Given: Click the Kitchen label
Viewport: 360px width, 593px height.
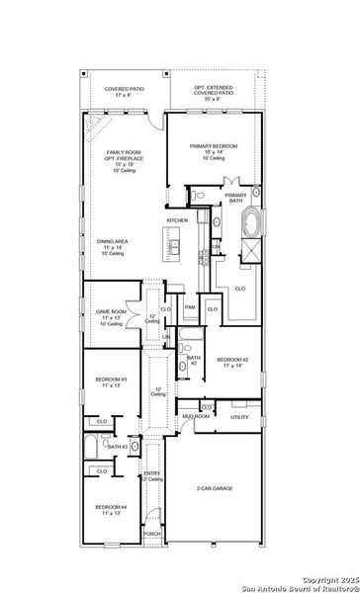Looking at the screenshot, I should coord(177,219).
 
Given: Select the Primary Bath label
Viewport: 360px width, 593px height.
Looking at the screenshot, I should coord(236,198).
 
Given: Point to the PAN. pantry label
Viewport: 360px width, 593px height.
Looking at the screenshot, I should coord(189,308).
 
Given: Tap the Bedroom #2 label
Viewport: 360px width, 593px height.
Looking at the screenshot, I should coord(231,361).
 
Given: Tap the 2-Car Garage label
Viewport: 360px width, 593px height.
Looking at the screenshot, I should coord(217,488).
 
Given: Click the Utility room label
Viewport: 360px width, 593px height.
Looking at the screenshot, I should coord(240,418).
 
